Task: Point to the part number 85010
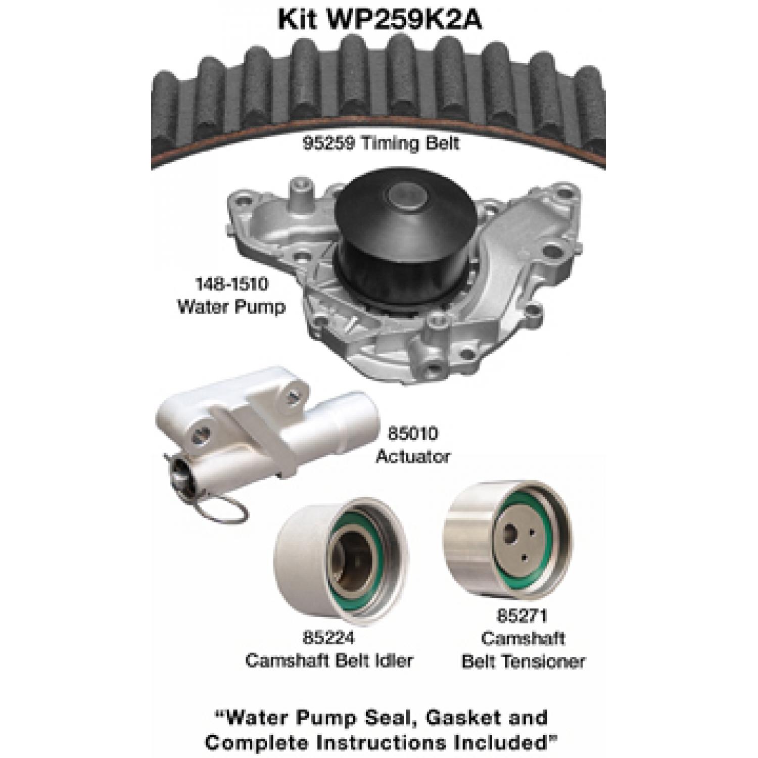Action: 413,434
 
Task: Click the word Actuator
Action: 413,456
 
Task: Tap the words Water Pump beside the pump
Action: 231,306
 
